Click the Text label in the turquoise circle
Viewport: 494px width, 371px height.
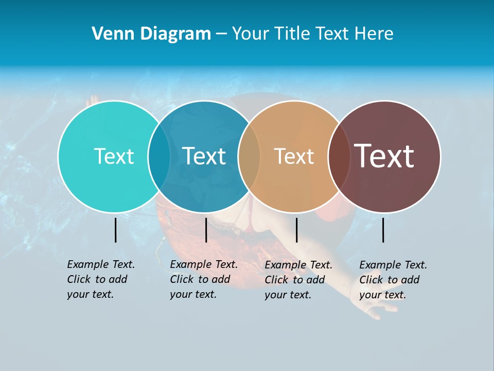point(114,156)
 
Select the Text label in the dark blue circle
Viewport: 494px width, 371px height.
point(204,156)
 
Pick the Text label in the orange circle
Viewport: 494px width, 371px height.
point(294,156)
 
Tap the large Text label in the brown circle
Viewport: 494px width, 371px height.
point(384,156)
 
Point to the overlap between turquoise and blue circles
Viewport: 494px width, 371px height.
point(159,156)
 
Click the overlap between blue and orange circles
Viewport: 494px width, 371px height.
point(249,156)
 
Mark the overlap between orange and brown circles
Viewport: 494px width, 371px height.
point(339,156)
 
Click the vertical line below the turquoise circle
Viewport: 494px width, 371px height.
point(116,230)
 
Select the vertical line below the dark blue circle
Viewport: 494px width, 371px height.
point(206,230)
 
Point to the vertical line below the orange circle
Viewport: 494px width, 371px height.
point(296,230)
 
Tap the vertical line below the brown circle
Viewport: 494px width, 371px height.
point(383,230)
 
